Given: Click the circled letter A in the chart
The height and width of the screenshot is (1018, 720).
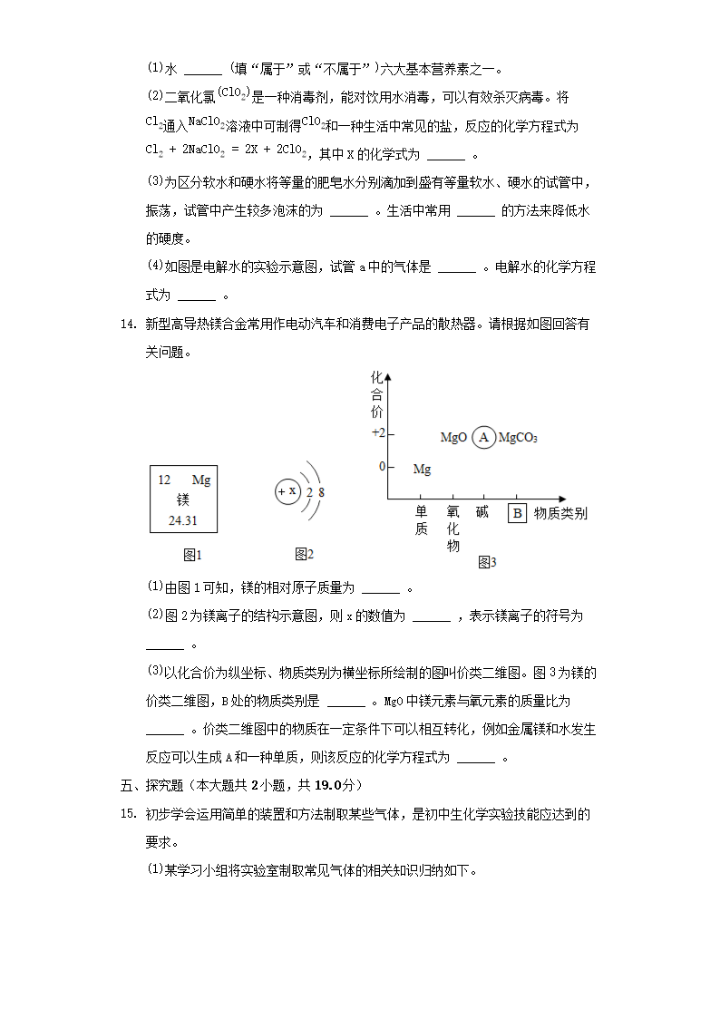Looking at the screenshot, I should point(483,437).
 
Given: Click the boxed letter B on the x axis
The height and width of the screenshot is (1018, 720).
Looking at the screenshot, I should point(517,513).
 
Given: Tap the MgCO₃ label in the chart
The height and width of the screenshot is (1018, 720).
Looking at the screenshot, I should point(519,438).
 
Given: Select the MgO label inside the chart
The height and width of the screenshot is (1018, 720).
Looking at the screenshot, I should point(453,438).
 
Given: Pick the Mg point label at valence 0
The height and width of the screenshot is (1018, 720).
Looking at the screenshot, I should point(422,470).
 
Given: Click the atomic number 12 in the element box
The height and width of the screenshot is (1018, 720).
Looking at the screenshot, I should point(164,480).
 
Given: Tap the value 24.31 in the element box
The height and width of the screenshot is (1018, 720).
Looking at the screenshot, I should point(182,520).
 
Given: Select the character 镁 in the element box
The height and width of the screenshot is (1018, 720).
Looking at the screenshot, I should point(182,499).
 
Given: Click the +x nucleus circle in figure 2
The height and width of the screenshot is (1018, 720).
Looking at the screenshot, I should point(287,491).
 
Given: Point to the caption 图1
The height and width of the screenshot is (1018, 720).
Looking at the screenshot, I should point(192,555).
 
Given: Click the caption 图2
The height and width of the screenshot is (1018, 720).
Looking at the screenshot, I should point(304,555).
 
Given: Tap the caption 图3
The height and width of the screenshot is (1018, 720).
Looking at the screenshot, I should point(487,563).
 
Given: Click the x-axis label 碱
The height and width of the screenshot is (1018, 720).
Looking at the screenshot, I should point(482,512).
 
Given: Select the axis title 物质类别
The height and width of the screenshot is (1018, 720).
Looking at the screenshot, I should point(560,513).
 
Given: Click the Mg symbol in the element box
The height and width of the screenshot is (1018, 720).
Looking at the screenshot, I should point(200,480).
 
